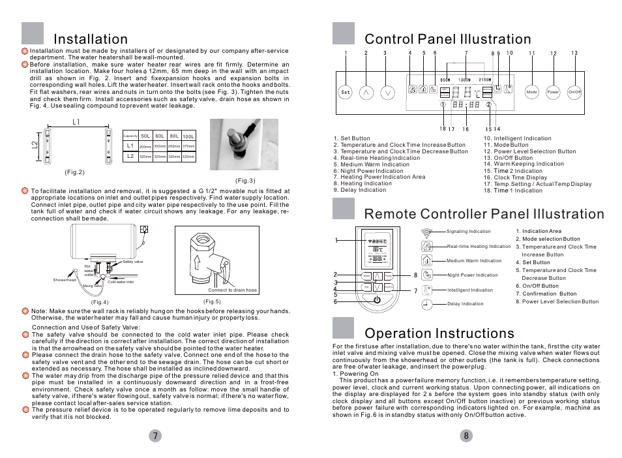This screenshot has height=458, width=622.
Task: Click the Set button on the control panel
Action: point(346,92)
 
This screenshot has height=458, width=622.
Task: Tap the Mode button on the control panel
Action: point(531,92)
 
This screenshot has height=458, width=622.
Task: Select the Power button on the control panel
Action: point(553,92)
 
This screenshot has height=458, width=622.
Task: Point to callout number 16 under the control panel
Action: point(466,129)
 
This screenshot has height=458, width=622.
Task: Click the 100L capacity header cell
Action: point(188,136)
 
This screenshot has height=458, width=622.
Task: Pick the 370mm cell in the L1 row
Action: point(188,146)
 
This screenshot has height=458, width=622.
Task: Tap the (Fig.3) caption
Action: point(245,181)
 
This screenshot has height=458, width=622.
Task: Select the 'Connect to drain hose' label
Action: point(232,290)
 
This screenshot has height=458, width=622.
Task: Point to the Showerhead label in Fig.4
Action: point(65,280)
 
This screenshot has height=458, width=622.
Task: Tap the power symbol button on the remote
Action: point(376,300)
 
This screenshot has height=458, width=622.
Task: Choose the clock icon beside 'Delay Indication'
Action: point(426,303)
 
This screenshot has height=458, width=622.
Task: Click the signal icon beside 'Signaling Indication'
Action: point(427,232)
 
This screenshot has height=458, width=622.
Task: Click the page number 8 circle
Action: point(466,436)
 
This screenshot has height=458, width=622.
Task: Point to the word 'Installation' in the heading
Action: point(91,40)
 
